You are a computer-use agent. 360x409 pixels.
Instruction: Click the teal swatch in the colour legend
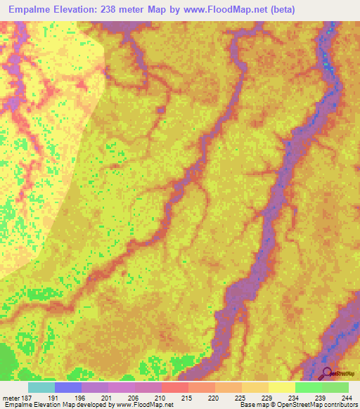click(41, 387)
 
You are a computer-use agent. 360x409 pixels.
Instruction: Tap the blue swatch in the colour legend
click(67, 387)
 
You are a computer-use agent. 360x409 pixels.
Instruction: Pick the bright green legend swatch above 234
click(308, 387)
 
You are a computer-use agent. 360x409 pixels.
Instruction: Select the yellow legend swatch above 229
click(281, 387)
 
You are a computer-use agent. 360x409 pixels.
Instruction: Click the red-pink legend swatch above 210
click(174, 387)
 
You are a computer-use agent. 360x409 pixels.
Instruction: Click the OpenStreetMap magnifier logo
click(327, 373)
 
